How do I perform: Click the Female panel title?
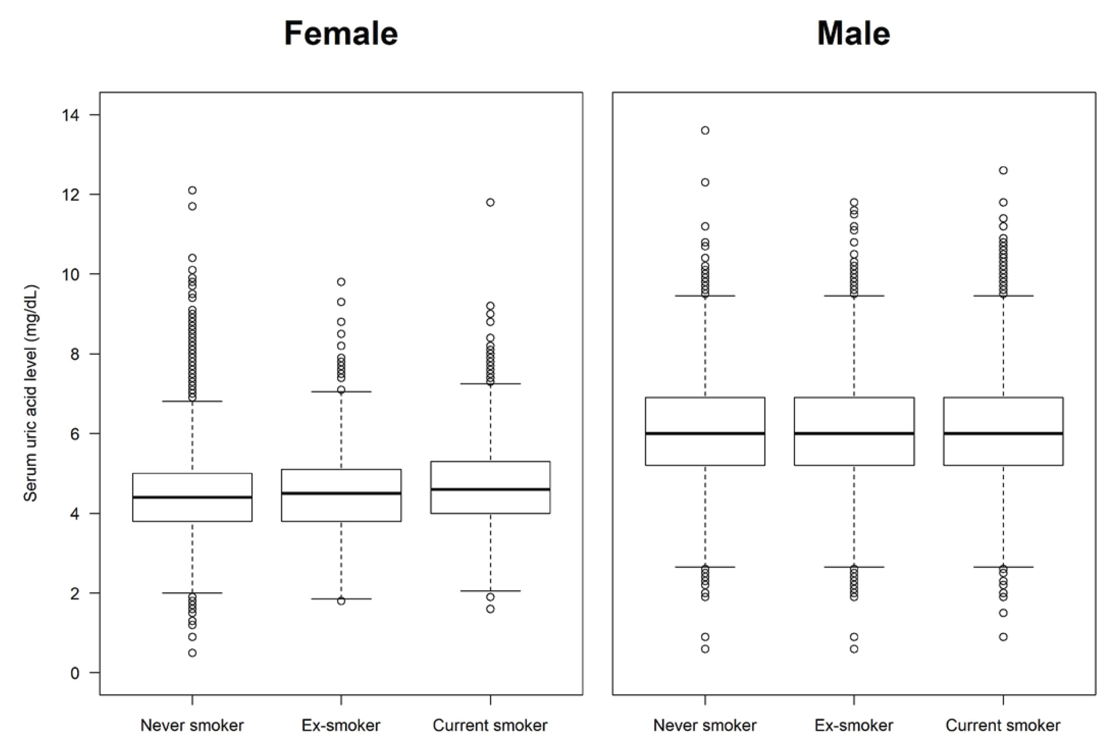[341, 33]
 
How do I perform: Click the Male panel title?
[854, 33]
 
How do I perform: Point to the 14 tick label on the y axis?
[71, 115]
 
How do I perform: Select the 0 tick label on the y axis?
[75, 673]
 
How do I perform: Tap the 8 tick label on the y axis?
[75, 354]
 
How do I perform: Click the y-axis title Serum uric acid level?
[31, 393]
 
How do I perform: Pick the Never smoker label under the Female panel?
[192, 725]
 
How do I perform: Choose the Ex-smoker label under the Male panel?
[854, 725]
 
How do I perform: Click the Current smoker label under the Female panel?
[490, 725]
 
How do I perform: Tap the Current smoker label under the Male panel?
[1003, 725]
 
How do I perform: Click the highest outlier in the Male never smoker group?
[705, 130]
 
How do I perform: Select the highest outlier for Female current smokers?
[490, 202]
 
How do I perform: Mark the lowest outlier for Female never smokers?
[192, 653]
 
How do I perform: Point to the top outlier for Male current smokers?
[1003, 170]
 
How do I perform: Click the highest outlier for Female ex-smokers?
[341, 282]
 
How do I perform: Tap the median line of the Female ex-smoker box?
[341, 493]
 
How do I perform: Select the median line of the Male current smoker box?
[1003, 433]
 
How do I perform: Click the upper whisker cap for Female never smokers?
[192, 401]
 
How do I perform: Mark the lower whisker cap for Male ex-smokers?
[854, 567]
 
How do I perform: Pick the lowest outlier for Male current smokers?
[1003, 637]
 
